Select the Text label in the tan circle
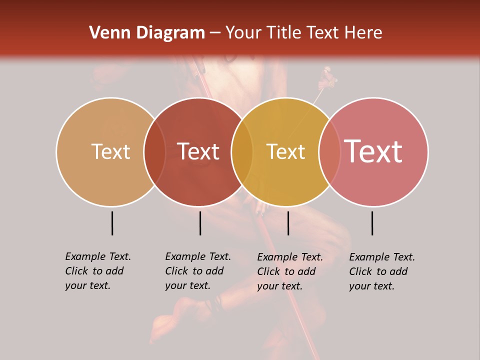click(x=110, y=151)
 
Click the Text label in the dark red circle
click(x=198, y=151)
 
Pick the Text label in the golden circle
click(x=285, y=151)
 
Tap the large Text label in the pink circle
click(x=373, y=151)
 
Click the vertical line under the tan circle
click(x=112, y=223)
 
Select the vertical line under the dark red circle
click(x=200, y=223)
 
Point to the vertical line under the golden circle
click(x=288, y=223)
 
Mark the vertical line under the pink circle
click(x=372, y=223)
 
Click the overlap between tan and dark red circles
click(x=154, y=151)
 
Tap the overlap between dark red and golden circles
click(x=242, y=151)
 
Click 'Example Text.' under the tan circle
click(x=98, y=256)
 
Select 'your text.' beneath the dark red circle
click(x=187, y=286)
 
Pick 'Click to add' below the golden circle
click(x=286, y=271)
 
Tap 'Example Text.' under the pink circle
click(x=382, y=257)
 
